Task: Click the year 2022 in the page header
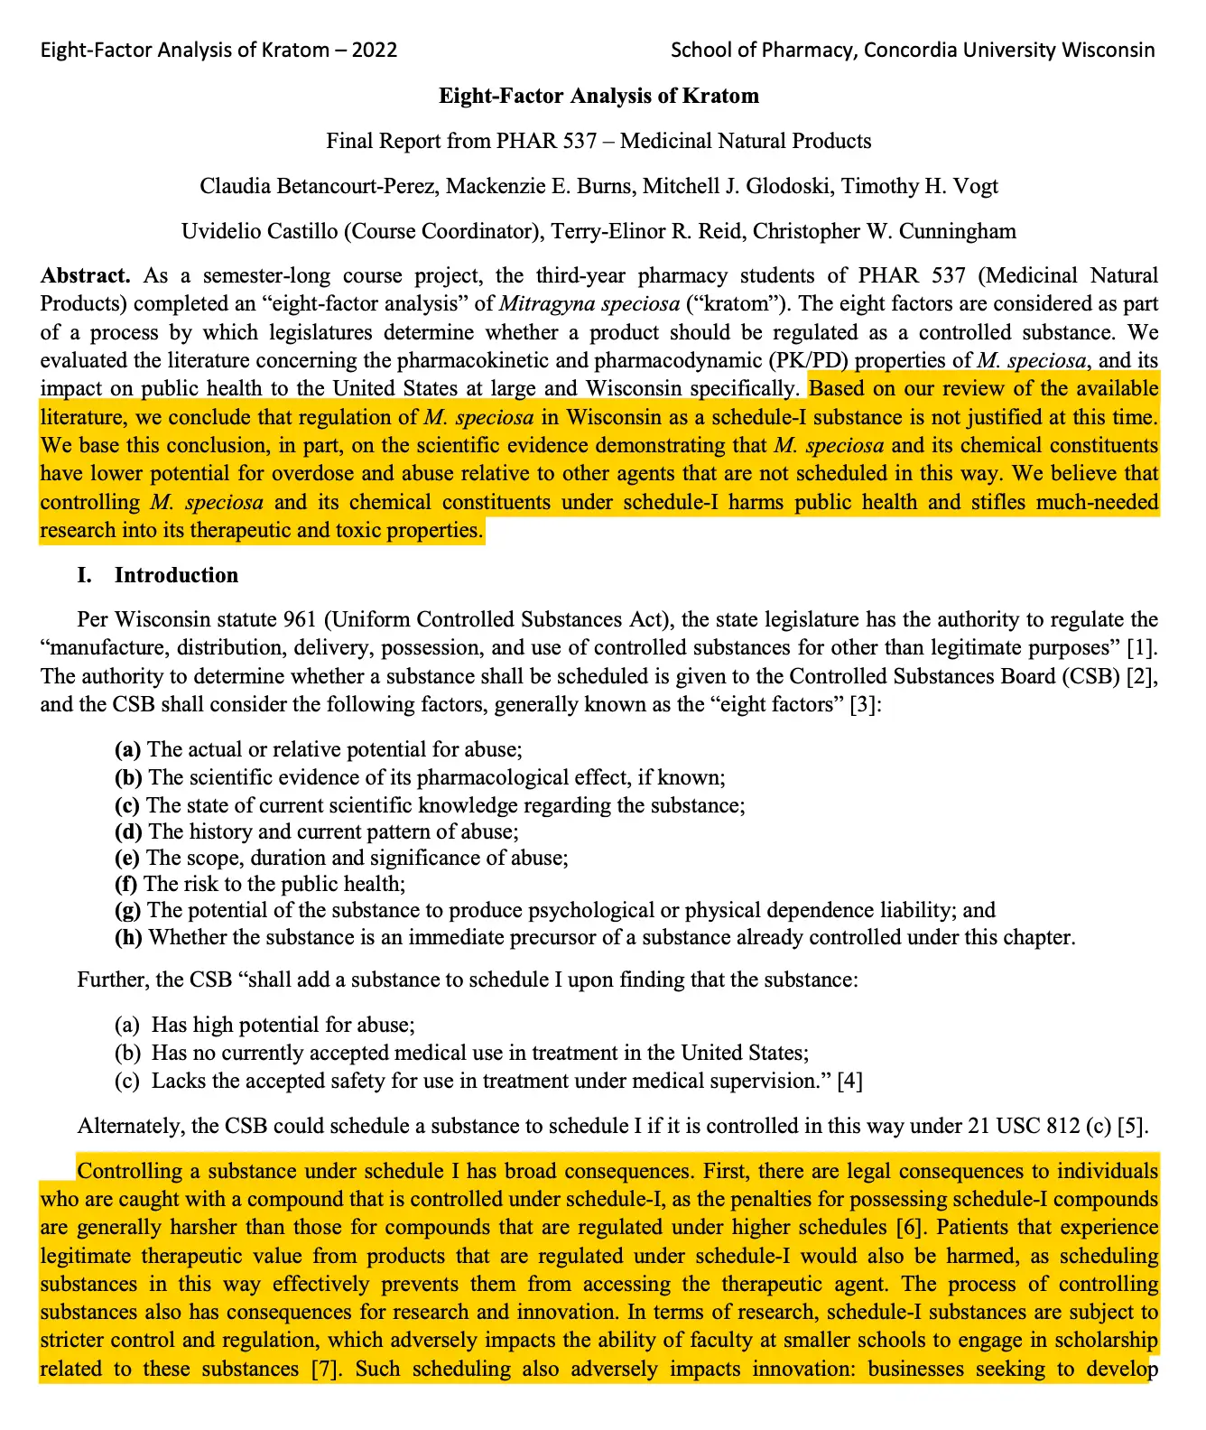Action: pyautogui.click(x=374, y=50)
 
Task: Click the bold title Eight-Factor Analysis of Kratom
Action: pyautogui.click(x=598, y=96)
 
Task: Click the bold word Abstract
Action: pyautogui.click(x=85, y=275)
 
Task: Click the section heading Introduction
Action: pyautogui.click(x=176, y=575)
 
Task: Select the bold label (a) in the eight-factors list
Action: pyautogui.click(x=127, y=749)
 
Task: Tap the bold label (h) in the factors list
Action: pyautogui.click(x=128, y=937)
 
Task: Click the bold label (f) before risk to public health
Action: pyautogui.click(x=125, y=884)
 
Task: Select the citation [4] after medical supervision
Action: pyautogui.click(x=849, y=1081)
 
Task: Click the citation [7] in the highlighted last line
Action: pyautogui.click(x=327, y=1369)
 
